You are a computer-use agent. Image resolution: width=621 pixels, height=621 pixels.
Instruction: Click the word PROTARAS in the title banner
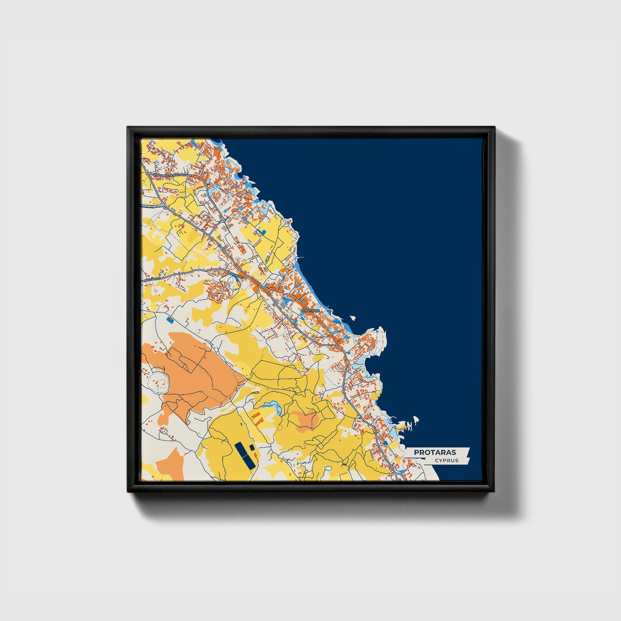pos(435,453)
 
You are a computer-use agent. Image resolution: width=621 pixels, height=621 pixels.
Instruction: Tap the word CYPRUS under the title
pos(446,461)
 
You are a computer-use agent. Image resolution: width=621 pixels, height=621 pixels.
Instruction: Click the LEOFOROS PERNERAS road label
pos(169,175)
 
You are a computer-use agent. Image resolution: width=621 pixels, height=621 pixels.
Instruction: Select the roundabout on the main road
pos(224,220)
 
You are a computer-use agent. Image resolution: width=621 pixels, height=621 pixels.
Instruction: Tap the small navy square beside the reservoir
pos(252,448)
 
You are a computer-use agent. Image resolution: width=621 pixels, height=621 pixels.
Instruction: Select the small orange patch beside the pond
pos(305,419)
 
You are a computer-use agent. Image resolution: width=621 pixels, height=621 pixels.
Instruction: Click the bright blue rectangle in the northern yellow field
pos(263,231)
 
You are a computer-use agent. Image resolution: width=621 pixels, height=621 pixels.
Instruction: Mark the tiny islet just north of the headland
pos(353,319)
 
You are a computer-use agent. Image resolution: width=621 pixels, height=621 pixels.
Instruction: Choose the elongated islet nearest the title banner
pos(416,419)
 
